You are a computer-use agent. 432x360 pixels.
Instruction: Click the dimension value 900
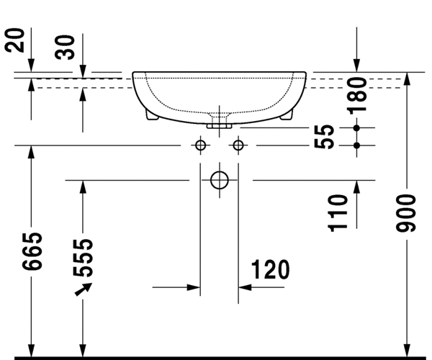click(405, 213)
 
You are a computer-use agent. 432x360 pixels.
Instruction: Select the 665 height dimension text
click(32, 251)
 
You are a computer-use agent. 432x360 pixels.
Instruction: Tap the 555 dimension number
click(83, 258)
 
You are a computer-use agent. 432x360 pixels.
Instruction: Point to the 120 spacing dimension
click(270, 269)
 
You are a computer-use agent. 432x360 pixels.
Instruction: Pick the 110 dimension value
click(338, 213)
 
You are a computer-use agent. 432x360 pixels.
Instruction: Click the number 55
click(324, 137)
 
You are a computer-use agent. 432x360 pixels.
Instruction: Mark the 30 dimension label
click(65, 47)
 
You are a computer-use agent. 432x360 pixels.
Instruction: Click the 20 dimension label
click(14, 40)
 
